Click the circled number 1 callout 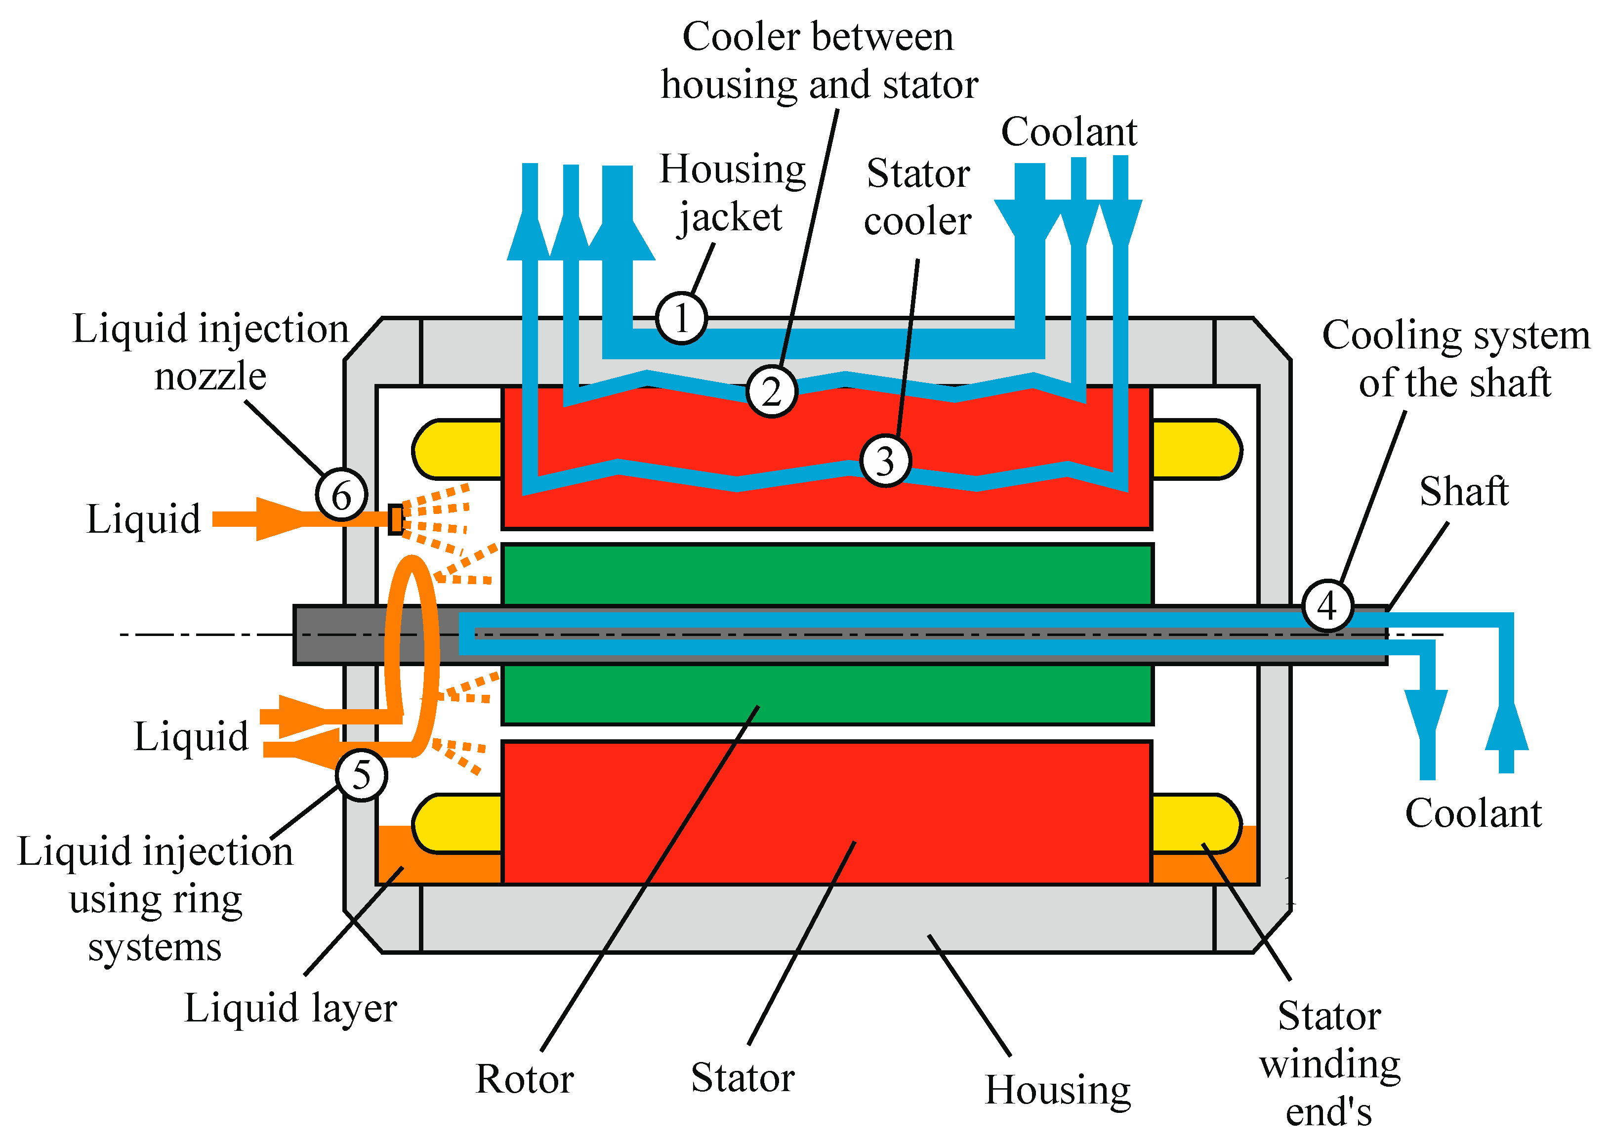tap(681, 318)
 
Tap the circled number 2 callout tap(771, 391)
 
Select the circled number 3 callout tap(885, 461)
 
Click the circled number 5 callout tap(361, 775)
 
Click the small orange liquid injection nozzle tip tap(395, 519)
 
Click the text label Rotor tap(525, 1079)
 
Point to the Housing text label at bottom tap(1057, 1090)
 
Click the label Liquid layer tap(290, 1008)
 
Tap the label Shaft tap(1463, 491)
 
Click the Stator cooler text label tap(918, 197)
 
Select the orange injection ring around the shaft tap(412, 656)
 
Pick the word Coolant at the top tap(1069, 132)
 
